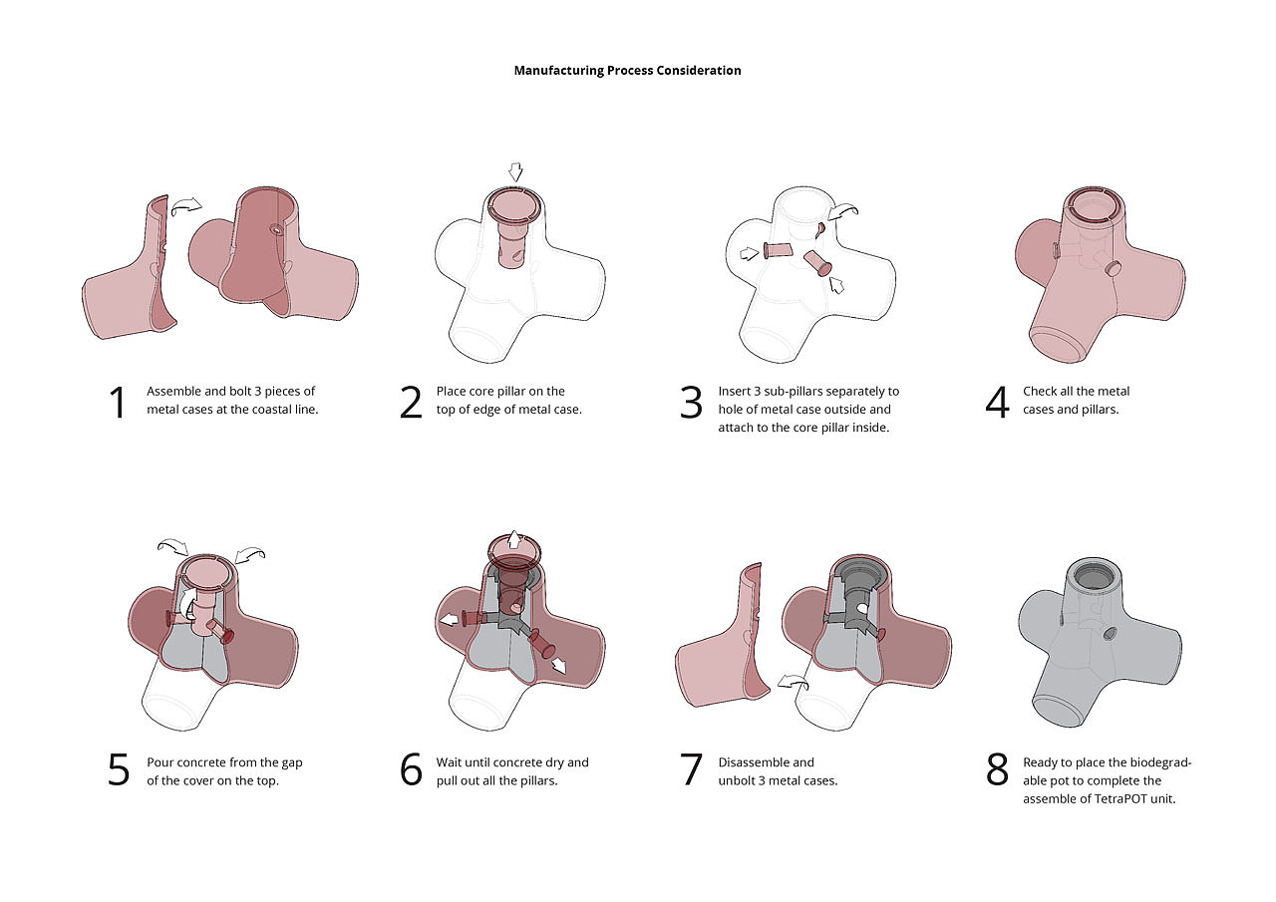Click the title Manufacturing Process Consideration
coord(627,71)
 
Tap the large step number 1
coord(118,403)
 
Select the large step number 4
coord(997,403)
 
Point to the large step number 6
coord(411,769)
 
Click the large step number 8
coord(997,769)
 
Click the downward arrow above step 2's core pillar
coord(515,172)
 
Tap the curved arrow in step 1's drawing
coord(186,205)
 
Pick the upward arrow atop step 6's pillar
coord(513,538)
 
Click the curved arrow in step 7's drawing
coord(793,682)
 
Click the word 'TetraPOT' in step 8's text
coord(1117,799)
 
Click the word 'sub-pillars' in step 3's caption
coord(791,392)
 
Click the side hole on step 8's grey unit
coord(1110,633)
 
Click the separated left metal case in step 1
coord(130,269)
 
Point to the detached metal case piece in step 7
coord(723,639)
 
